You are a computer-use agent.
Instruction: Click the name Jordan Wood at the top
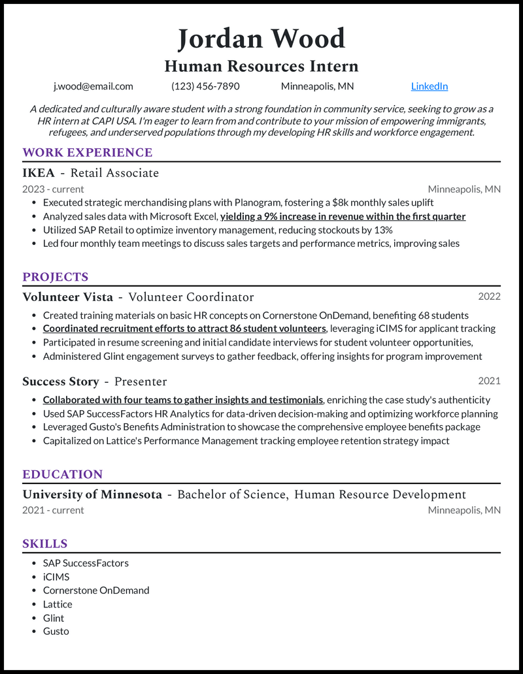261,39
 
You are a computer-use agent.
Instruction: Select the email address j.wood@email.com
93,86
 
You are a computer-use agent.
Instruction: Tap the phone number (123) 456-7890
205,86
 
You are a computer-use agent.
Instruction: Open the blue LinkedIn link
429,86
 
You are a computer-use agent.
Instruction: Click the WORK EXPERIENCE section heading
87,153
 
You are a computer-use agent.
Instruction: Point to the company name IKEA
39,173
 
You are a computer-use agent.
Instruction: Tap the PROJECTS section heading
55,277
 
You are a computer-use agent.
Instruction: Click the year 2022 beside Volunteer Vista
489,297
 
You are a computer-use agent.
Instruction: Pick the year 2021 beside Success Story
489,381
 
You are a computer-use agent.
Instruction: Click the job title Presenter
141,381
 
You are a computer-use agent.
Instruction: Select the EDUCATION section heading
62,475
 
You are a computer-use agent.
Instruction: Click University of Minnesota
92,494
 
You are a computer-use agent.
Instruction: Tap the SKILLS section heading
44,544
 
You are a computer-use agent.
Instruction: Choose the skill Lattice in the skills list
58,604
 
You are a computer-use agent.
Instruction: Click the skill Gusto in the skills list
56,631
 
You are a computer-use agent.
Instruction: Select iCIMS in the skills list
56,577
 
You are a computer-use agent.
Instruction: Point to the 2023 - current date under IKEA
53,189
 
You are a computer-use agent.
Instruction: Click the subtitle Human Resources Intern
261,66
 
